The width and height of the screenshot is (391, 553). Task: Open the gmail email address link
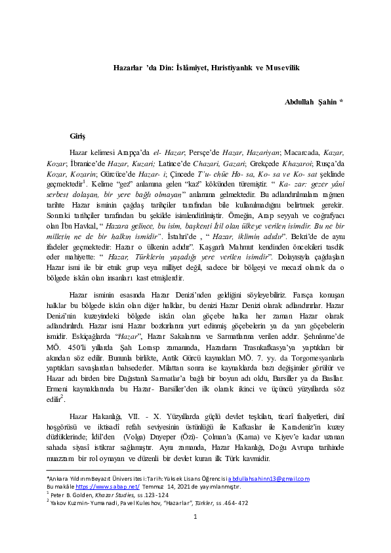[269, 479]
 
